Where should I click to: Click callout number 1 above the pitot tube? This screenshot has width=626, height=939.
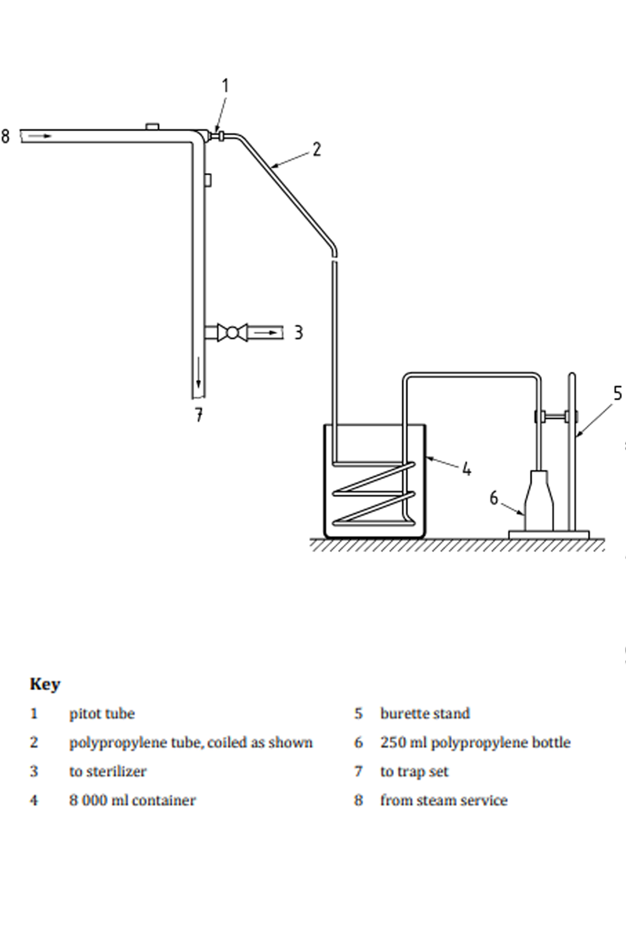click(225, 86)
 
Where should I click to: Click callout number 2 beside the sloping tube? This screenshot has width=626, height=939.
click(317, 150)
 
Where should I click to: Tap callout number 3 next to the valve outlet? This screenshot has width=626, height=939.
click(298, 333)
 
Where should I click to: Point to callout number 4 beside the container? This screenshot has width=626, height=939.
click(467, 469)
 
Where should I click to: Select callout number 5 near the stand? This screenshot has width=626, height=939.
click(618, 394)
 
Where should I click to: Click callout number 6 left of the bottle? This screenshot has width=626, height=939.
click(494, 498)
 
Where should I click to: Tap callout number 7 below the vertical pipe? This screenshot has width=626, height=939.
click(199, 415)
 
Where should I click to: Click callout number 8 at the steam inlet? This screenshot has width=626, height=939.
click(5, 137)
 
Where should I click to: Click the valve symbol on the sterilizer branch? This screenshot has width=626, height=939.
click(232, 333)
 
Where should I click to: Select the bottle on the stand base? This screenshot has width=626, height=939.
click(539, 501)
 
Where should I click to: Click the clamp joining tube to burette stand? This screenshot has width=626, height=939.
click(556, 417)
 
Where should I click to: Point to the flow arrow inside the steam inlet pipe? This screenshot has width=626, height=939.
click(40, 136)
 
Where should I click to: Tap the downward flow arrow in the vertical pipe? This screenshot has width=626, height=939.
click(198, 372)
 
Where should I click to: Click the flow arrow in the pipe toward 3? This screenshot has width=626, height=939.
click(266, 333)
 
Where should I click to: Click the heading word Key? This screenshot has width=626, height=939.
click(45, 685)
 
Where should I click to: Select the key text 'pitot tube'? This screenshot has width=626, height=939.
click(102, 714)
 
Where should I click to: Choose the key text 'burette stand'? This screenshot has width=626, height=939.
click(425, 714)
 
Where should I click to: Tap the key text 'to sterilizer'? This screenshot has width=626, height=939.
click(108, 771)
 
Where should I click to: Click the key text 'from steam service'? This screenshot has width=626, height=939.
click(443, 800)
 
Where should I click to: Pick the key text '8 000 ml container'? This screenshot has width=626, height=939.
click(133, 800)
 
